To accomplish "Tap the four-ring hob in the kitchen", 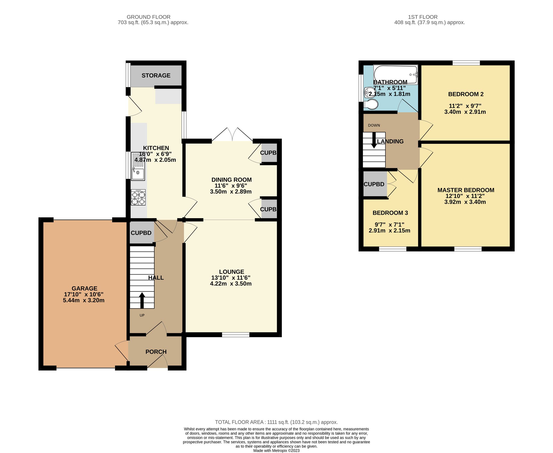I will click(x=138, y=198).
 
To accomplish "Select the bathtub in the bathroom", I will click(x=395, y=74).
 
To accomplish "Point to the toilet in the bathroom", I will click(x=371, y=105).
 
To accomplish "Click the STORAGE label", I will click(x=156, y=76).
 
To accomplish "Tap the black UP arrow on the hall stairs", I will click(x=142, y=300).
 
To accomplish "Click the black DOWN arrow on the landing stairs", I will click(x=374, y=140).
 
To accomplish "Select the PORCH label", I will click(x=156, y=352).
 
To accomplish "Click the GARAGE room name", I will click(x=84, y=288).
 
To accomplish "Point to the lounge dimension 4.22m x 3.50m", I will click(x=231, y=284).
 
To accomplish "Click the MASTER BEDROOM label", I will click(x=466, y=190).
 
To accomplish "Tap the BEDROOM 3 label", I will click(x=390, y=213).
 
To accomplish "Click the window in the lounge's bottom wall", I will click(x=235, y=335).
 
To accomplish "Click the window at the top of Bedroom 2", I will click(x=466, y=63).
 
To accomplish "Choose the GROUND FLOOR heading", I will click(x=149, y=17).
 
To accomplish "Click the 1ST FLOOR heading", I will click(x=423, y=17).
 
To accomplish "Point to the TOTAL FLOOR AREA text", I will click(x=276, y=422).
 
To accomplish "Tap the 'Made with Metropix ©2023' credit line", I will click(x=276, y=451).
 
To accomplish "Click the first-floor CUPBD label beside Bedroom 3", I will click(x=374, y=184).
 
